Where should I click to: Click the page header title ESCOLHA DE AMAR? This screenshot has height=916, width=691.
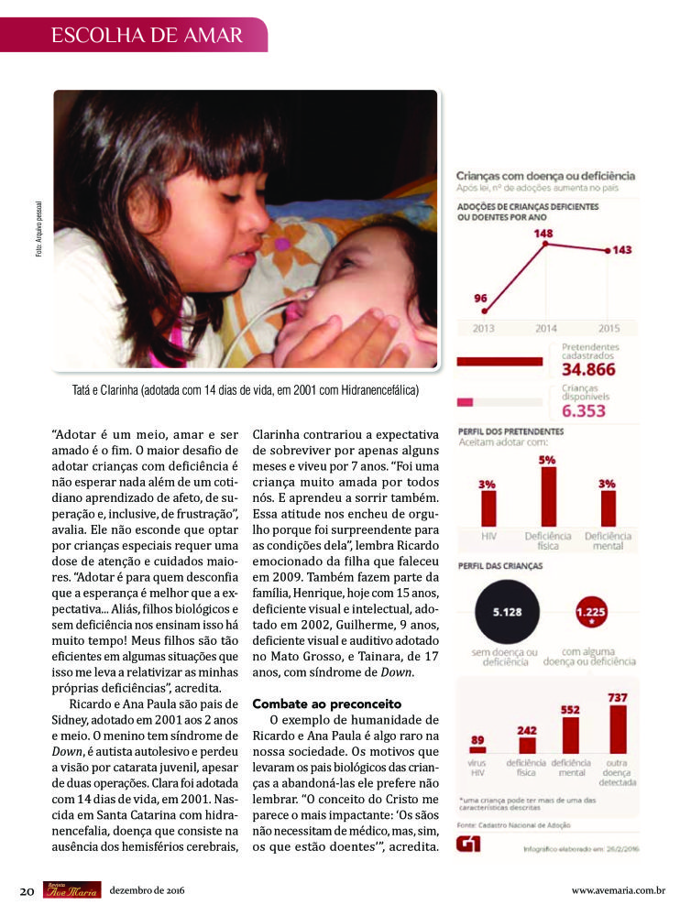pos(147,36)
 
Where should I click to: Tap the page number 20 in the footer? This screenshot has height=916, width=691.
pos(27,889)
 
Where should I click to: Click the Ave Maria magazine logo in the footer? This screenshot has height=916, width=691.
pos(71,889)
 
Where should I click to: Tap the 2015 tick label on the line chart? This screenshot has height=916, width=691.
pos(609,327)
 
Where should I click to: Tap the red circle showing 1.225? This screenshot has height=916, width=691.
pos(590,612)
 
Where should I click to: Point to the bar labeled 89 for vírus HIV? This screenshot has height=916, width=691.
pos(477,749)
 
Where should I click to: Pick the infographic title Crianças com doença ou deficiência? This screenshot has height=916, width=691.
pos(545,177)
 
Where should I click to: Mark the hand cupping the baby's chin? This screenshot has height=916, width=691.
pos(344,340)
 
